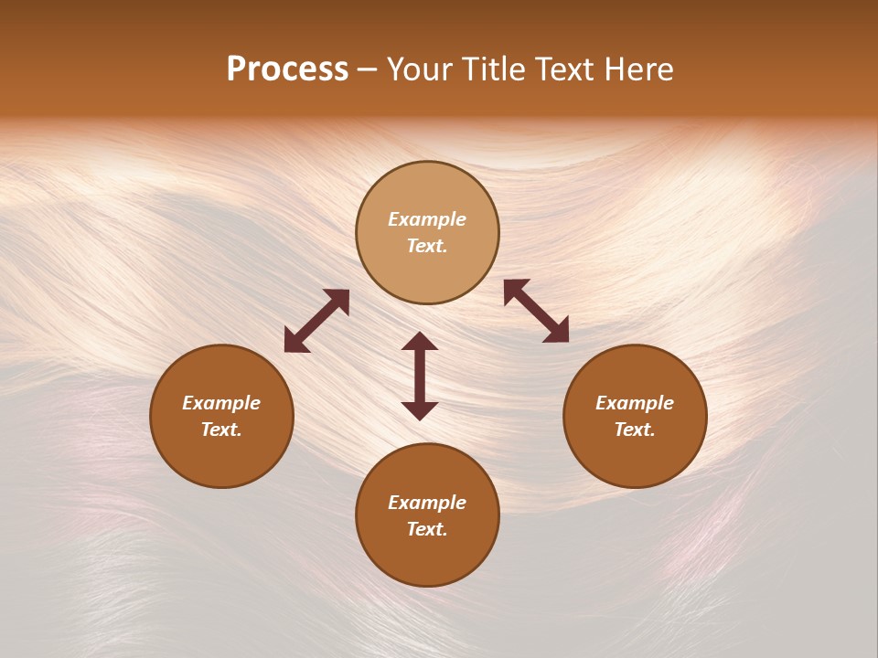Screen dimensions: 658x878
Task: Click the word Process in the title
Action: click(x=287, y=69)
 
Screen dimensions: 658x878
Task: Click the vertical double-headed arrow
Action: click(x=420, y=376)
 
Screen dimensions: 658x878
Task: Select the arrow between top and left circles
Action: click(x=316, y=321)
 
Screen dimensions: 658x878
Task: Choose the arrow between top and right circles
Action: click(x=537, y=311)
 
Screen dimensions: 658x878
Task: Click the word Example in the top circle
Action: click(x=427, y=219)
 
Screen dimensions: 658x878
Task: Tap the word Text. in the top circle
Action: click(x=427, y=246)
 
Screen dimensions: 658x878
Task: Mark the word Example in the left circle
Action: click(x=221, y=403)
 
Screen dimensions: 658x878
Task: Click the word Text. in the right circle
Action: click(x=635, y=430)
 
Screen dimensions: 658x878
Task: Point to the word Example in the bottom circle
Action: click(x=427, y=503)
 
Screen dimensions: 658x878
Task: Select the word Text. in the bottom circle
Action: click(x=427, y=529)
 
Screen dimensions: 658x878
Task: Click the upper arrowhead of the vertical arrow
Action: click(x=420, y=341)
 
